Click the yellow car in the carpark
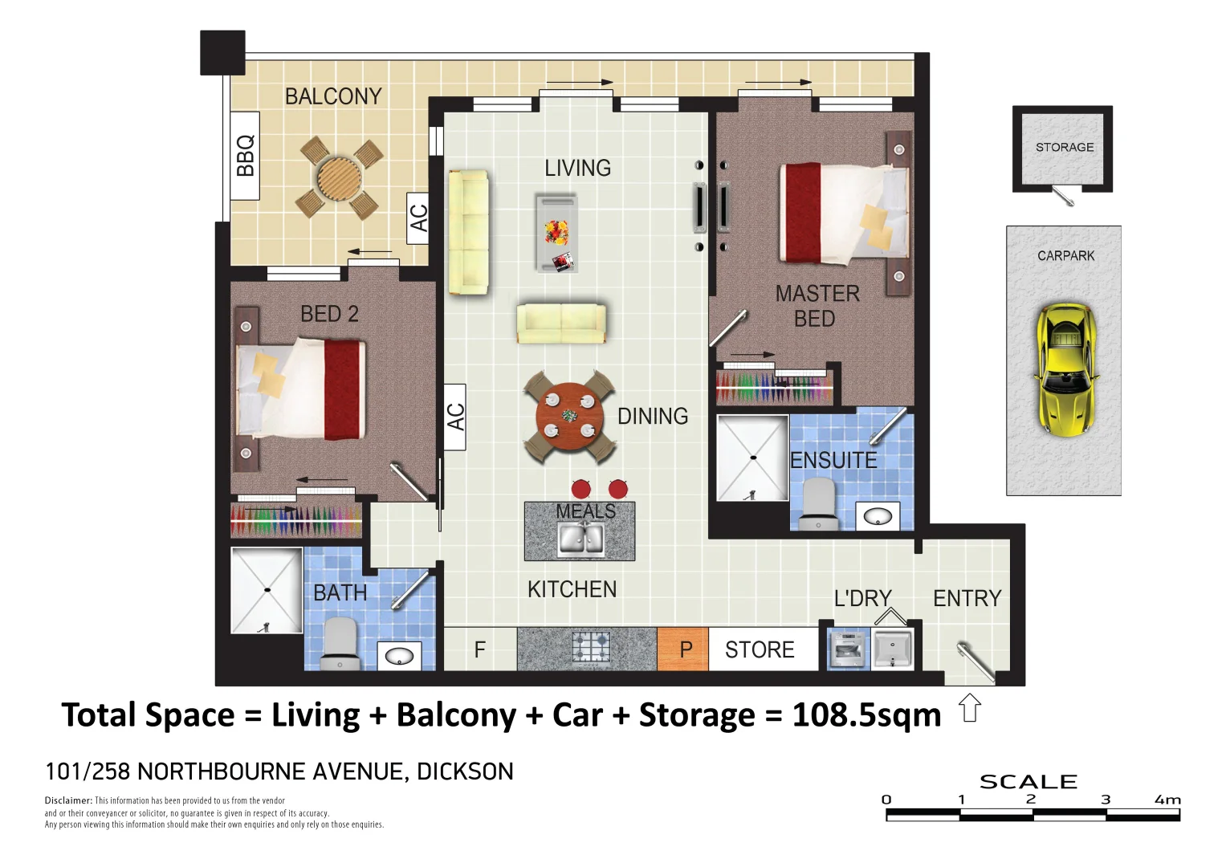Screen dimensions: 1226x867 pos(1065,371)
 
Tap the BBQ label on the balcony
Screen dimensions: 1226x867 pos(245,156)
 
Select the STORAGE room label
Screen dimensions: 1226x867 pos(1065,147)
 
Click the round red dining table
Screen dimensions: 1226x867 pos(570,416)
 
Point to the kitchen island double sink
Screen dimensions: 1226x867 pos(580,539)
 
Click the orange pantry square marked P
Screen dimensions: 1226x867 pos(682,649)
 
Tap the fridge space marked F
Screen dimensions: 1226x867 pos(480,649)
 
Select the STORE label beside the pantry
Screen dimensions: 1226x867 pos(760,649)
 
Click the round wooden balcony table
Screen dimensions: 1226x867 pos(340,178)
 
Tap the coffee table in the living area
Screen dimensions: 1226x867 pos(556,233)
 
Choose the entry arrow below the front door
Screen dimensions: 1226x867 pos(969,707)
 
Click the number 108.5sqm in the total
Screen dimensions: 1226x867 pos(866,714)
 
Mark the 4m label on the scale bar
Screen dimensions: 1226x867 pos(1167,800)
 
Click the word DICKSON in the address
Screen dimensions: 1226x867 pos(465,771)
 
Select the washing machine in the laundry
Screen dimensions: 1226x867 pos(848,649)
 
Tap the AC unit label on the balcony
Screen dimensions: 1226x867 pos(418,218)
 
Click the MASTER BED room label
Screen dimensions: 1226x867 pos(817,306)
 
